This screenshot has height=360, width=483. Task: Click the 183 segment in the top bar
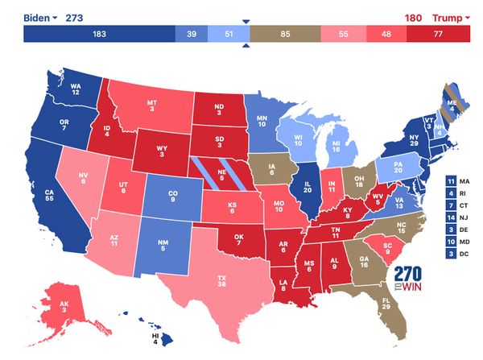point(100,34)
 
